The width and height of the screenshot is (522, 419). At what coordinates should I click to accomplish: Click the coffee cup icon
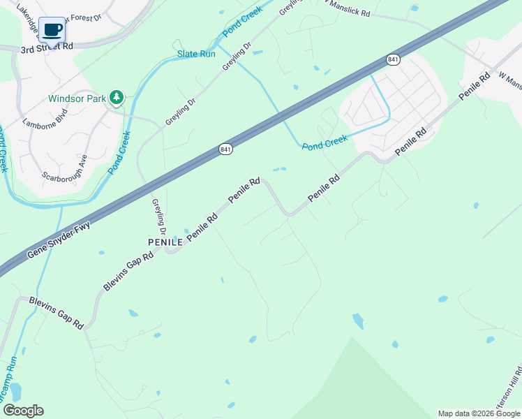(52, 30)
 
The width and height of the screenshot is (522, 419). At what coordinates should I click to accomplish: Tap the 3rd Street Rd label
(47, 50)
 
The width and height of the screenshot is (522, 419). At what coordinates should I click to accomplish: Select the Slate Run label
(196, 54)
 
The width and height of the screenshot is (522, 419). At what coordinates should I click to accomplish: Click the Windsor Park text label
(77, 98)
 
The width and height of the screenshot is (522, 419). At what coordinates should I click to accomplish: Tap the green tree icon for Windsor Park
(117, 98)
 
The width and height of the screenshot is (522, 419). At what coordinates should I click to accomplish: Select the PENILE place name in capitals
(165, 242)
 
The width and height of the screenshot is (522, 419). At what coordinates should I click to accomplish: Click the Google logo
(23, 411)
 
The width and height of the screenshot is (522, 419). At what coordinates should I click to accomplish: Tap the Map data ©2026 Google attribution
(478, 413)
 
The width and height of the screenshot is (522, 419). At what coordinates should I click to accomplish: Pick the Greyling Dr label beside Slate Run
(236, 57)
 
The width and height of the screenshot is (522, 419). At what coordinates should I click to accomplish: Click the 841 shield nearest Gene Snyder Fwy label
(225, 150)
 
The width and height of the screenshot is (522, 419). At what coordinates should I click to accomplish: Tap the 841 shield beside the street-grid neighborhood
(393, 60)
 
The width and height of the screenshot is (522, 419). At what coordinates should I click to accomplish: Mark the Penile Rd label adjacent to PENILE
(202, 226)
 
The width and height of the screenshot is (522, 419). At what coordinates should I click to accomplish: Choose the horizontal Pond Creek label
(325, 142)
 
